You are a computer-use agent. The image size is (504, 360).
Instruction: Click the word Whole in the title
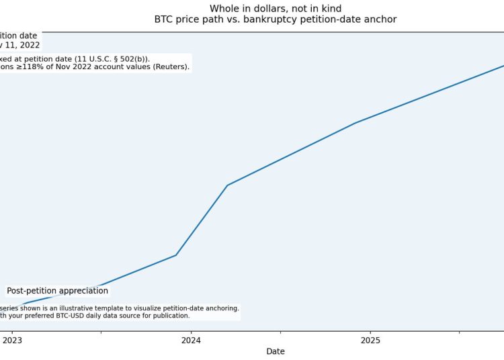click(x=224, y=9)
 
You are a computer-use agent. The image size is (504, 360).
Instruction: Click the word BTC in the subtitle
click(x=164, y=19)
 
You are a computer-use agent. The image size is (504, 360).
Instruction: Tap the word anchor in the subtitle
click(x=380, y=19)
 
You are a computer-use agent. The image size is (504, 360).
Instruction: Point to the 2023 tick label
click(x=12, y=340)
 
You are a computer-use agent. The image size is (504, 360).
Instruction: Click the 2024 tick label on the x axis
click(x=191, y=340)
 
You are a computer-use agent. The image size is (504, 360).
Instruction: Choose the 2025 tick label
click(x=370, y=340)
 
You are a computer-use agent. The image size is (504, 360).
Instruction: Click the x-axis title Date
click(x=276, y=351)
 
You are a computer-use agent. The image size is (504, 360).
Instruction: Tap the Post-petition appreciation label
click(x=57, y=291)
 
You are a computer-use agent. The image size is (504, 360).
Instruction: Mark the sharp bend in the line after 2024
click(x=227, y=185)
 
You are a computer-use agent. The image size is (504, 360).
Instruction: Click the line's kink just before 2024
click(x=176, y=255)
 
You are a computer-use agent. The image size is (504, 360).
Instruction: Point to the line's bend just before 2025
click(x=355, y=123)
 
